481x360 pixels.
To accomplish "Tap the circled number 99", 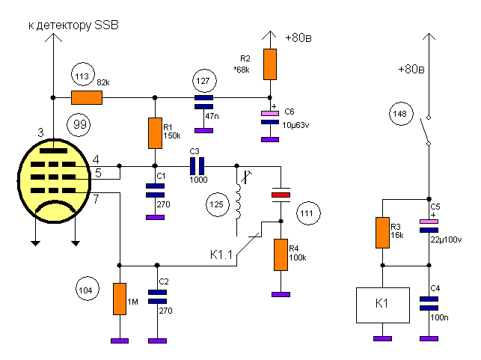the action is pyautogui.click(x=79, y=124).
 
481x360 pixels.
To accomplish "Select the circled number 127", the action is pyautogui.click(x=204, y=81).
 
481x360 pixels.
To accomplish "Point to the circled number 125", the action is pyautogui.click(x=218, y=204).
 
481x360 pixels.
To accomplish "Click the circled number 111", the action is pyautogui.click(x=308, y=213).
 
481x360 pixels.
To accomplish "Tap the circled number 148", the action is pyautogui.click(x=401, y=114).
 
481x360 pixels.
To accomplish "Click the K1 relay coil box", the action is pyautogui.click(x=383, y=305).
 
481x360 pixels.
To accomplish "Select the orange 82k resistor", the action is pyautogui.click(x=87, y=97).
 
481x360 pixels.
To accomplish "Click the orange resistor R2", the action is pyautogui.click(x=270, y=64).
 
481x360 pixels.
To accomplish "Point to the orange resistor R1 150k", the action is pyautogui.click(x=155, y=133).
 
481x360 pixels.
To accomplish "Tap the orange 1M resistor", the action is pyautogui.click(x=120, y=299).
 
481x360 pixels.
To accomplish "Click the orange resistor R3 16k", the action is pyautogui.click(x=382, y=233).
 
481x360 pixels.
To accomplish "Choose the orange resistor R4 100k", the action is pyautogui.click(x=281, y=254).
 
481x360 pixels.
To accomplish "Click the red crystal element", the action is pyautogui.click(x=281, y=195).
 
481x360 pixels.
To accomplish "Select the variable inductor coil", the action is pyautogui.click(x=238, y=201).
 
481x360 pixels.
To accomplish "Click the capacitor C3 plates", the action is pyautogui.click(x=197, y=166).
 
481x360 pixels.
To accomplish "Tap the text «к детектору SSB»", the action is pyautogui.click(x=73, y=25).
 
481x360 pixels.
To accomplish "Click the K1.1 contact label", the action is pyautogui.click(x=221, y=254).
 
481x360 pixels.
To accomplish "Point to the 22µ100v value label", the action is pyautogui.click(x=446, y=240).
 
